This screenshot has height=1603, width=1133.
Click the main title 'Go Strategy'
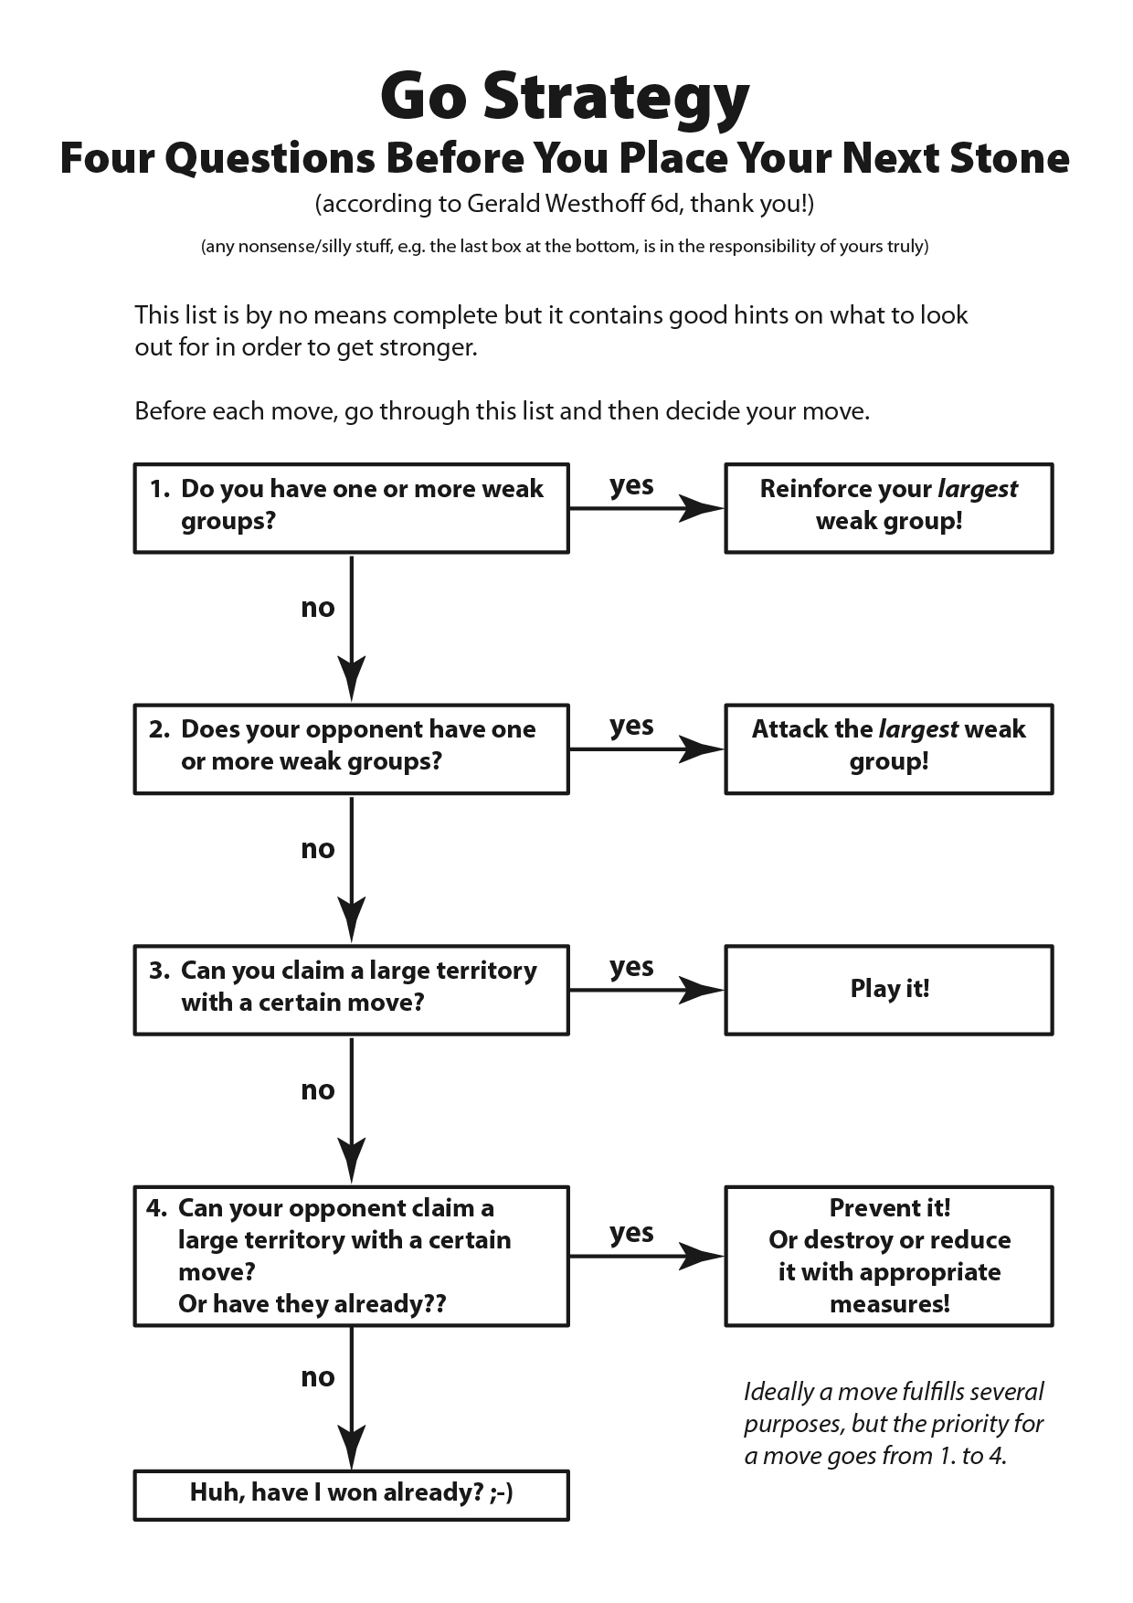(x=565, y=97)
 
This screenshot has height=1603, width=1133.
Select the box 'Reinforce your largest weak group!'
(x=888, y=507)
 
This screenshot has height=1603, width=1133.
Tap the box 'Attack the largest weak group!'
(x=888, y=748)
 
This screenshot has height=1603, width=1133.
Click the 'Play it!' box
(x=888, y=989)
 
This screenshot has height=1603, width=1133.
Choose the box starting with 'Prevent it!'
(x=888, y=1256)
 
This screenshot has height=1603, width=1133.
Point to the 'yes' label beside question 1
(x=631, y=485)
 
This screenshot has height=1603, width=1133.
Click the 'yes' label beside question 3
(x=631, y=967)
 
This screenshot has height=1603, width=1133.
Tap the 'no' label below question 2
(x=318, y=849)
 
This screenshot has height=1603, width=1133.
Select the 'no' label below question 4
(x=318, y=1377)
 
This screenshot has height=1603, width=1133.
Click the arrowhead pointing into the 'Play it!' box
(x=702, y=990)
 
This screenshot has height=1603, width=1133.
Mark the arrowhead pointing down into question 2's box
(x=351, y=679)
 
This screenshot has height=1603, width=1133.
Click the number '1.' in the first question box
(x=160, y=489)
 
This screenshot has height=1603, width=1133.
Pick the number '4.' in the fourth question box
(x=156, y=1208)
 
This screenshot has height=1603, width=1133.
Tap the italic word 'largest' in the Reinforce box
(x=977, y=490)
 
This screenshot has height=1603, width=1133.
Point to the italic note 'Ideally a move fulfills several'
(x=893, y=1392)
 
